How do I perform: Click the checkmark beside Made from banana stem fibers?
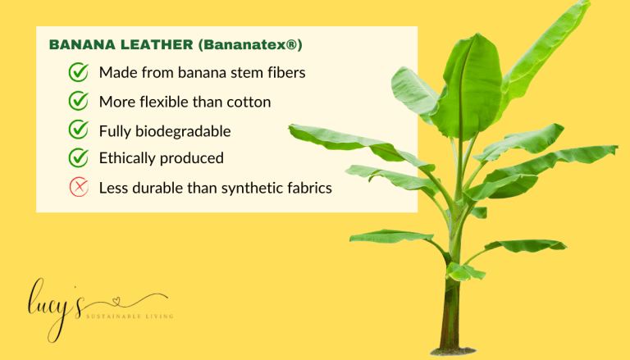(79, 73)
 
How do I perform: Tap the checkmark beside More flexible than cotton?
(79, 102)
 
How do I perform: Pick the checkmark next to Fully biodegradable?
(79, 130)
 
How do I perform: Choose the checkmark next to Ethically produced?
(79, 157)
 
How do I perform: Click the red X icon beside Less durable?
(79, 188)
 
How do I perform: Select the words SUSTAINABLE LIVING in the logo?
(129, 315)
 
